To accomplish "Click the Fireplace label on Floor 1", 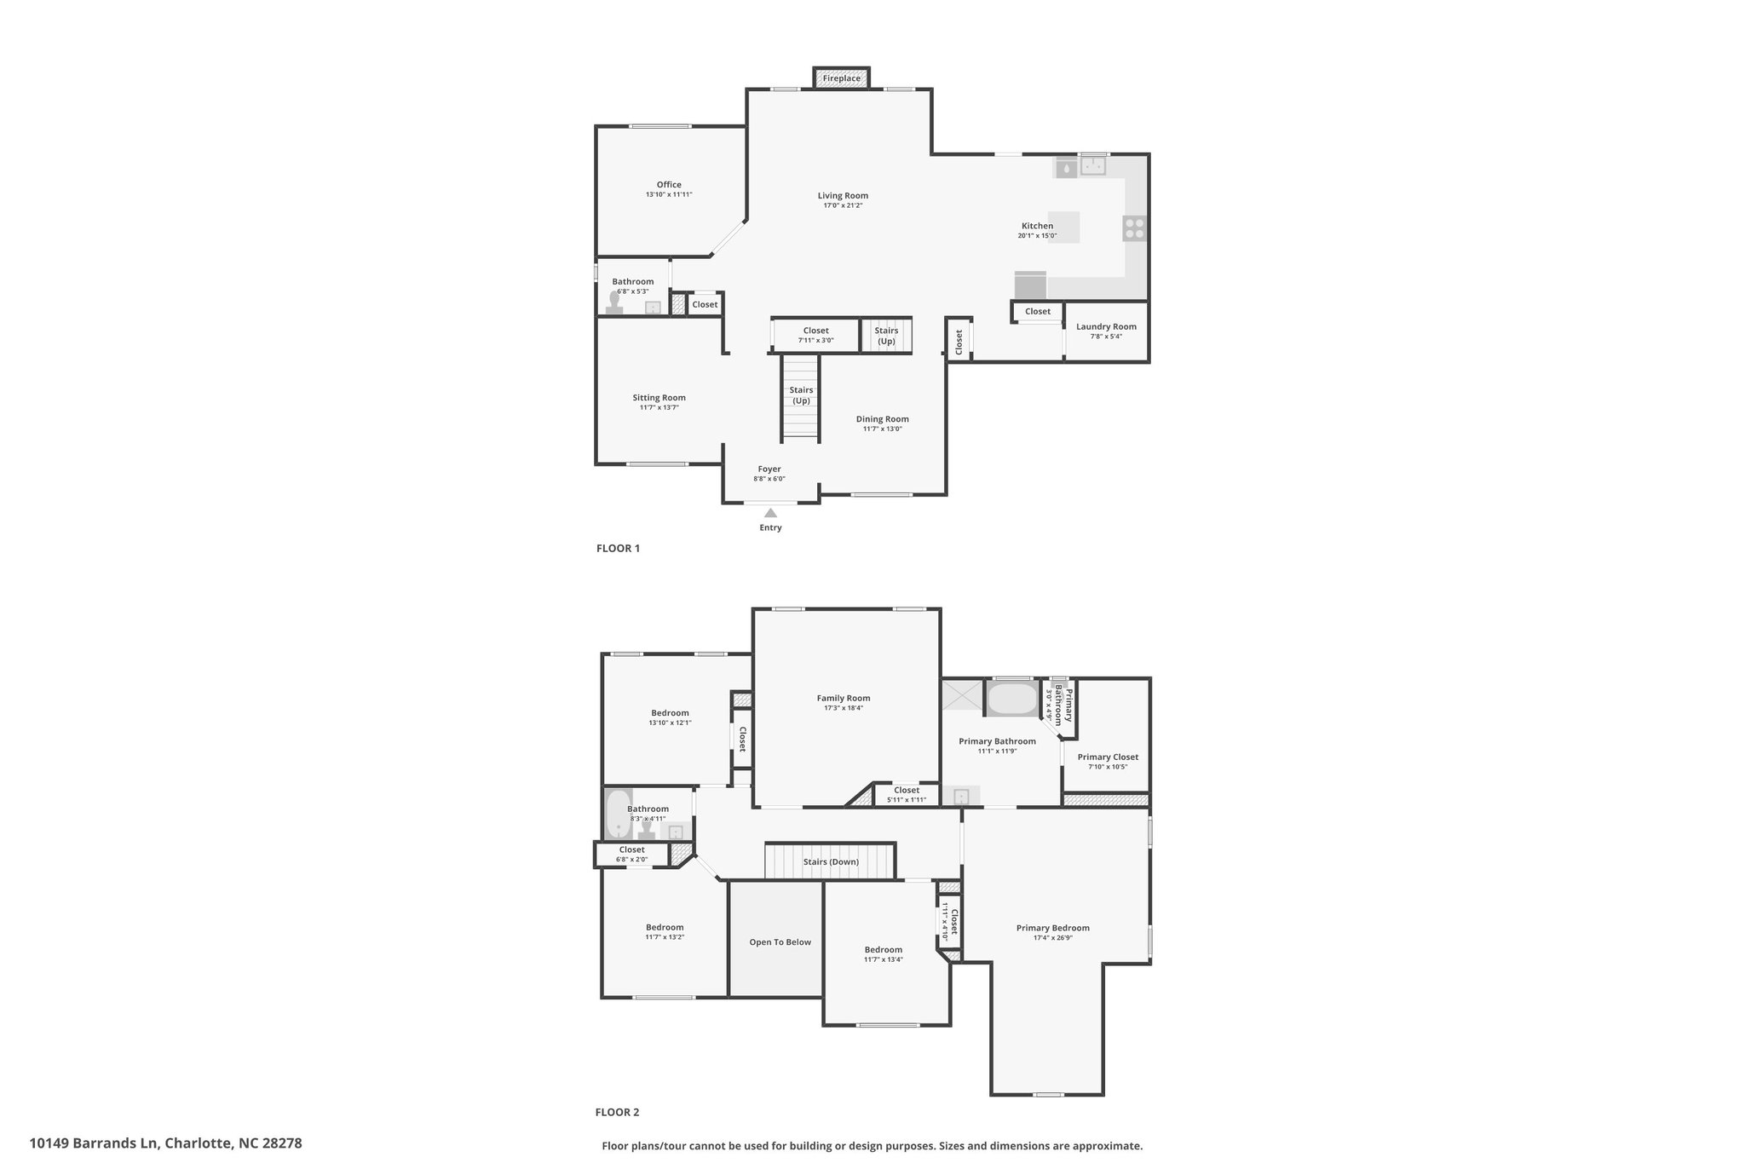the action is click(x=841, y=78).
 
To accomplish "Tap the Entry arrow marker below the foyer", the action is click(x=770, y=513).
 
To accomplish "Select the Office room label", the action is click(x=669, y=185).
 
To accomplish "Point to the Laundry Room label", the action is click(x=1106, y=326).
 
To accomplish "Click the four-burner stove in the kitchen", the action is click(x=1135, y=228).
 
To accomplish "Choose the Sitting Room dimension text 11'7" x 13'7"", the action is click(x=659, y=407).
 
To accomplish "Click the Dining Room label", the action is click(x=883, y=419).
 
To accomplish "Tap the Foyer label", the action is click(x=769, y=469).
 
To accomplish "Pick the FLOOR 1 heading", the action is click(x=618, y=549).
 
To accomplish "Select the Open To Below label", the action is click(x=780, y=942).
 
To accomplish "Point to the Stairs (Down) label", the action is click(x=831, y=861).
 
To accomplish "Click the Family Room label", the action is click(x=844, y=699).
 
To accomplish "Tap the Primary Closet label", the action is click(x=1108, y=757).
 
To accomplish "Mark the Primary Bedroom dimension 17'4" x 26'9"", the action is click(x=1053, y=937).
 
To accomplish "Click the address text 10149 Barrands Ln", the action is click(x=94, y=1143).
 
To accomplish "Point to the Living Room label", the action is click(x=843, y=196).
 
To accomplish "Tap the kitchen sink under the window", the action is click(x=1093, y=165).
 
